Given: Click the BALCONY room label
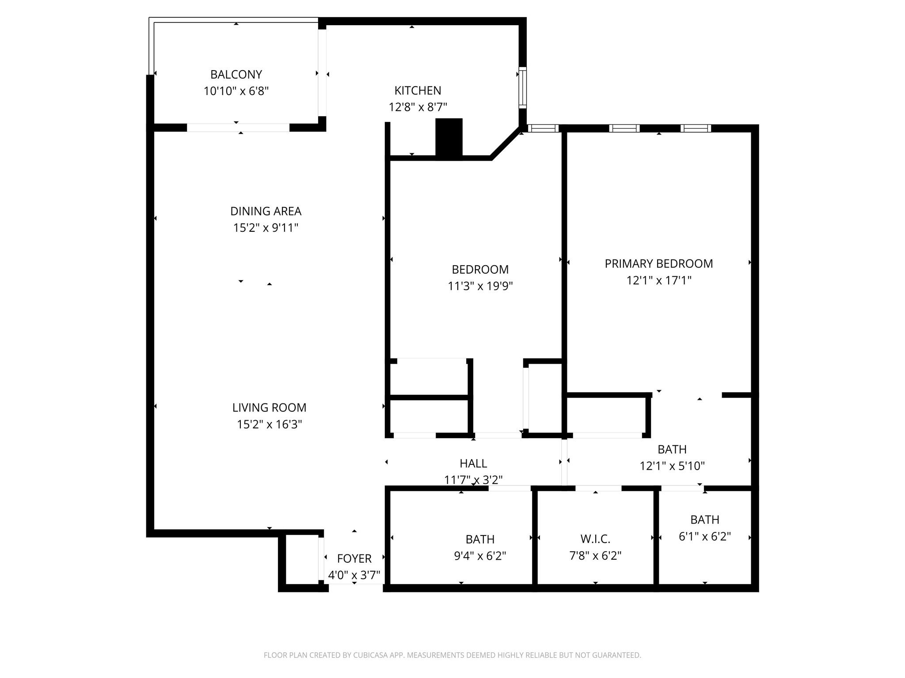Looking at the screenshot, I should pos(236,74).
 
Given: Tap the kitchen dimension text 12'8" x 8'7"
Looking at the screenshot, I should pos(418,107).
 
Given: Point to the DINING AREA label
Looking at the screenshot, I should pos(266,211).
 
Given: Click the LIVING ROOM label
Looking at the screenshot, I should pos(269,407).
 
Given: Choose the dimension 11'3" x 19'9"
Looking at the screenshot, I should pos(480,286).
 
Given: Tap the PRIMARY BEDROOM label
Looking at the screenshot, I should pos(658,264).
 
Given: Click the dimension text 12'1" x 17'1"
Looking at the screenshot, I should pos(658,280).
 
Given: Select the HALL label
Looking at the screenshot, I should pos(473,463).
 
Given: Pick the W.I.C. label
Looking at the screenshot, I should pos(595,539).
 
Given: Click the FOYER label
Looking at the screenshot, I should pos(354,558).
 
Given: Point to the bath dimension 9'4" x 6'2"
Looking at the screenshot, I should pos(480,556).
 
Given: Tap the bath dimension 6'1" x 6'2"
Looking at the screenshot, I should pos(704,536).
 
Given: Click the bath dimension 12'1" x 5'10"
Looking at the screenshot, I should pos(672,466).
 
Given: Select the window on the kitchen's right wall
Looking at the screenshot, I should pos(522,87).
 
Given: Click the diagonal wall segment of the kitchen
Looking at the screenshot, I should pos(505,143).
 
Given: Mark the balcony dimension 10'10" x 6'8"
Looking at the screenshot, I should pos(236,91).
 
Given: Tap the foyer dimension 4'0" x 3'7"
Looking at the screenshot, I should pos(354,575).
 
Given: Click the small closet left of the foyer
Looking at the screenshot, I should pos(302,559).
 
